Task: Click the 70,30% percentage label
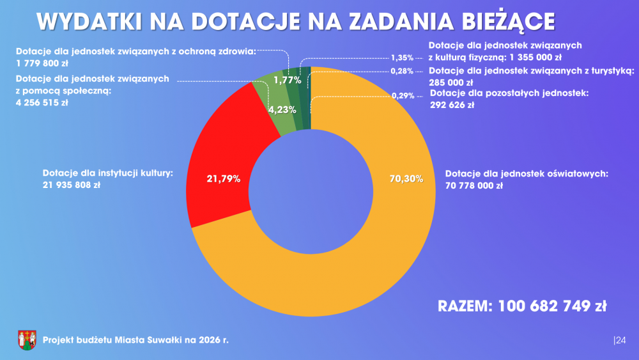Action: click(406, 179)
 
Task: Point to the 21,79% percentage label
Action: click(223, 179)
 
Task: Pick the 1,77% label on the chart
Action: click(287, 80)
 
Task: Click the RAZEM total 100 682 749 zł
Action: click(521, 306)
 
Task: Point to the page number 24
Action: click(620, 340)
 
